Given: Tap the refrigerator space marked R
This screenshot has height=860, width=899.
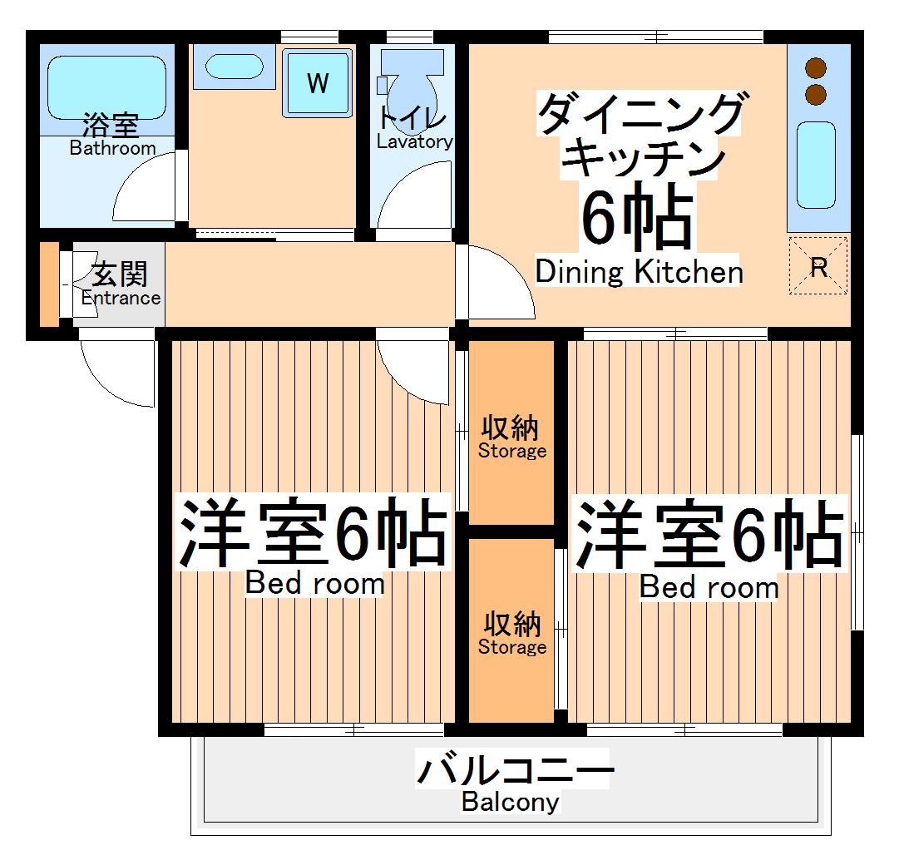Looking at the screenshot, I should click(818, 266).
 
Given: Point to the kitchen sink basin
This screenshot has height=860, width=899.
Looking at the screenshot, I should click(815, 164).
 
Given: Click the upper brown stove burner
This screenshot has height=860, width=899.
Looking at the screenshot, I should click(816, 69).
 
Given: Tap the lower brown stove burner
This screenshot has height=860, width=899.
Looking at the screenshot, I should click(816, 94).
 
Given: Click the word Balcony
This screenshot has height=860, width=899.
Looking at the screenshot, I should click(511, 803).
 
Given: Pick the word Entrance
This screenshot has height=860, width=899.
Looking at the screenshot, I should click(121, 298).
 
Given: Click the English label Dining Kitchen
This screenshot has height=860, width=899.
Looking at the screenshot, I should click(639, 272).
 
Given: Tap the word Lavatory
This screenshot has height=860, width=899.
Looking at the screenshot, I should click(414, 141).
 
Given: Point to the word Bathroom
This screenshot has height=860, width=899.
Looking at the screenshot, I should click(112, 148).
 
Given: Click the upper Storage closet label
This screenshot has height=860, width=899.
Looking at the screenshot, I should click(511, 452).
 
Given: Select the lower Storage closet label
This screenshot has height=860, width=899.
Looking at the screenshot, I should click(511, 646).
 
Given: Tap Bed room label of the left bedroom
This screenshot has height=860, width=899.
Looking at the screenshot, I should click(314, 584).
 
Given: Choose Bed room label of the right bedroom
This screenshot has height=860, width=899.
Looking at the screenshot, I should click(709, 587).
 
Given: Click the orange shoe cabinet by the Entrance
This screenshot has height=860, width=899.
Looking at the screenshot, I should click(49, 284).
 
